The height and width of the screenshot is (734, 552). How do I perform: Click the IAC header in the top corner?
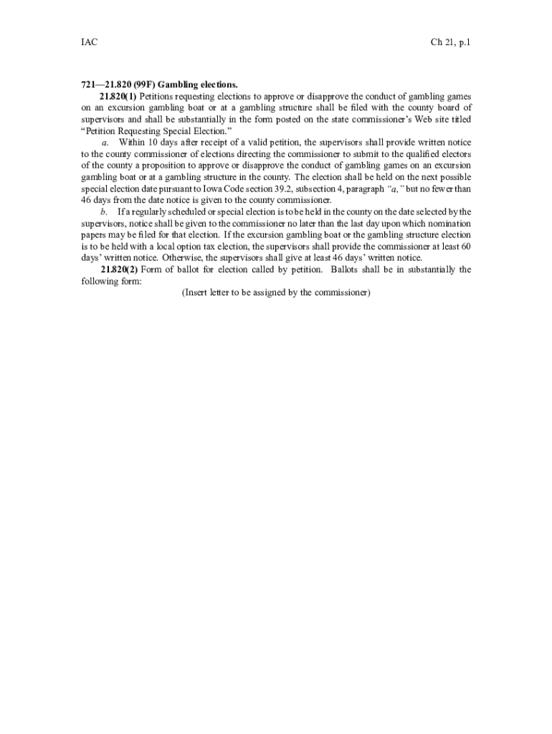(x=89, y=43)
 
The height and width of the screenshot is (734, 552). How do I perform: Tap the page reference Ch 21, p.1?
(x=450, y=43)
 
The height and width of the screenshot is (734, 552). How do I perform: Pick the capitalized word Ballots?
(x=350, y=270)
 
